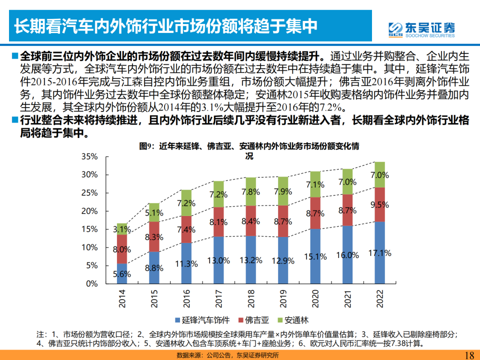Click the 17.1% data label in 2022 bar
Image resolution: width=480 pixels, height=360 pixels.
379,253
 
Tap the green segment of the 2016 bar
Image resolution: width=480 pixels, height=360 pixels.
186,203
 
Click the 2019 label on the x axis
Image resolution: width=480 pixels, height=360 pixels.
283,299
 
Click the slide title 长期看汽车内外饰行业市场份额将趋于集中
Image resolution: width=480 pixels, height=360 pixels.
165,26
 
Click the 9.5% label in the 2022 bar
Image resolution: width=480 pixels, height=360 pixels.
379,204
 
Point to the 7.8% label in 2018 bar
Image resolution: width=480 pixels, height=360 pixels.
250,191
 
